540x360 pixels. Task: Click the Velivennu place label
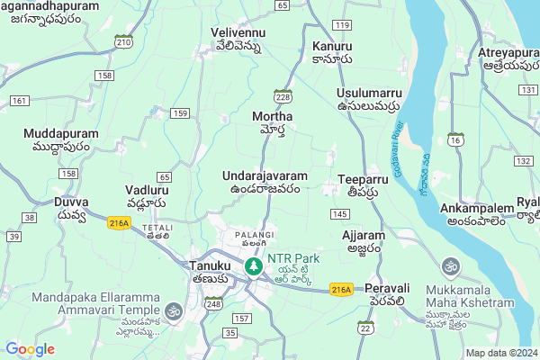(x=237, y=39)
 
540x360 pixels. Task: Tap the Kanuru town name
(x=331, y=52)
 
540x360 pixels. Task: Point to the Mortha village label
(x=273, y=123)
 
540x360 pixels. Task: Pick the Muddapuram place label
(x=62, y=139)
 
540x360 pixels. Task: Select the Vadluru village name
(x=146, y=197)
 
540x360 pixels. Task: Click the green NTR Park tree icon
(x=255, y=266)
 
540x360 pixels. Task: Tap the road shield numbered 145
(x=339, y=213)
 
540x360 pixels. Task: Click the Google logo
(x=30, y=349)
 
